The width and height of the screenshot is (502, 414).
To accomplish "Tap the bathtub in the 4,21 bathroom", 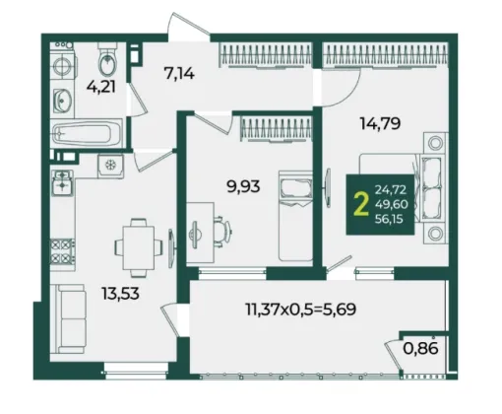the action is coord(87,133).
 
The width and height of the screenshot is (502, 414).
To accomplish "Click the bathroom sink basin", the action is coord(62,101).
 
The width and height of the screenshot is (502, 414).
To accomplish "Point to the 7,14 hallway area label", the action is coord(179,74).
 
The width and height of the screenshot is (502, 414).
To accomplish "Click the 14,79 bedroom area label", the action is coord(380,124).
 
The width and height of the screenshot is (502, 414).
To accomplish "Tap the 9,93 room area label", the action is coord(243,186).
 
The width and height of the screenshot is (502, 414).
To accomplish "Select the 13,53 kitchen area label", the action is coord(120,293).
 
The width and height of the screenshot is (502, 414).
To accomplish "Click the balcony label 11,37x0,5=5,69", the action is coord(301,310).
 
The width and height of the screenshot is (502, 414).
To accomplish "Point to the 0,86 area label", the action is coord(420,348).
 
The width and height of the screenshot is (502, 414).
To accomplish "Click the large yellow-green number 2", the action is coord(361,205).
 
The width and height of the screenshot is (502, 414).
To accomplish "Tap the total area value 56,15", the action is coord(389,219).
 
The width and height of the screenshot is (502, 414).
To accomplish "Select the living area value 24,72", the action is coord(391,189).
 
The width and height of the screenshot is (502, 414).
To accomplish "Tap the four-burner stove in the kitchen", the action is coord(62,251).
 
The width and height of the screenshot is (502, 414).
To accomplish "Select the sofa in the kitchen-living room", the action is coord(68,318).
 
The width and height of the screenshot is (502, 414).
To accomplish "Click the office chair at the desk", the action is coord(222,230).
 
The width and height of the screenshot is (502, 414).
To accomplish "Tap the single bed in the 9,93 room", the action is coord(295,216).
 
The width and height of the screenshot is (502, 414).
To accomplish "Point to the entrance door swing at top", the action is coord(188,25).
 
